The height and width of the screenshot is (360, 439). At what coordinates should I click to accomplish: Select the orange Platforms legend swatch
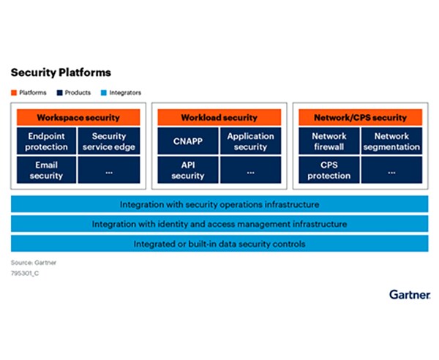[x=14, y=93]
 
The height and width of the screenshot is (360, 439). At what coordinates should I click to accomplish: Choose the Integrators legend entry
[x=121, y=93]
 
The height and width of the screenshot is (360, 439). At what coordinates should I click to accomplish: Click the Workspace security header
[x=78, y=117]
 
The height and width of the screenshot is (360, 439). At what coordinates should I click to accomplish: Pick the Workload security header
[x=219, y=117]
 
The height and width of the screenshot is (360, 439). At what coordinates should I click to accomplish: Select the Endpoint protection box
[x=47, y=141]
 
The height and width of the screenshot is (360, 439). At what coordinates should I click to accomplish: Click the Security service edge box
[x=109, y=141]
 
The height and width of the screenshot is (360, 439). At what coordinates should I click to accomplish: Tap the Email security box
[x=47, y=170]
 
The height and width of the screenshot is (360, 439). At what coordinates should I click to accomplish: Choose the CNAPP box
[x=187, y=141]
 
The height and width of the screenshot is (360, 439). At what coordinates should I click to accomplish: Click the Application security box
[x=250, y=141]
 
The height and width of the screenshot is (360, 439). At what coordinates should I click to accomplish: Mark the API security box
[x=187, y=170]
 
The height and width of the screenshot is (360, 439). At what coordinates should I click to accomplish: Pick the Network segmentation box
[x=391, y=141]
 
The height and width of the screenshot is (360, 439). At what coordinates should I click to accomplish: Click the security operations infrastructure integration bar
[x=219, y=204]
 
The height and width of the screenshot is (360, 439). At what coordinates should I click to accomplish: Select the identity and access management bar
[x=219, y=224]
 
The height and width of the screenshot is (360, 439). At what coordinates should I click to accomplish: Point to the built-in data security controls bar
[x=219, y=243]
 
